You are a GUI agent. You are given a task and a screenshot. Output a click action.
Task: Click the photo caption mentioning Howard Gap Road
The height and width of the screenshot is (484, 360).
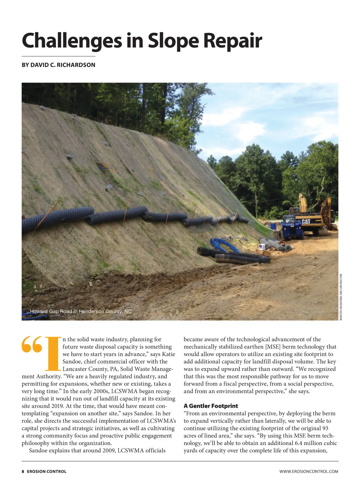coord(81,311)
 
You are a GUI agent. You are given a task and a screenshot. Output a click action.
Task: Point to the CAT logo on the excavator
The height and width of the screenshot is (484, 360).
coord(306,222)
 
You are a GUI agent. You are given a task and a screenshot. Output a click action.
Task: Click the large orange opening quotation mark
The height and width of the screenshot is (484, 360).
coord(32,344)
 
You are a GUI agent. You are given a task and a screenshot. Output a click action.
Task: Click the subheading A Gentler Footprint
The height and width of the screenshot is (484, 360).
coord(211,406)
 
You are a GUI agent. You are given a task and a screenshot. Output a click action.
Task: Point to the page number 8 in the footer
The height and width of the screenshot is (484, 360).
coord(23,471)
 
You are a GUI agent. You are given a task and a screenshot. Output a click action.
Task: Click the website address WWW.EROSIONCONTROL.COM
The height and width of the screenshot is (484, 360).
coord(309,471)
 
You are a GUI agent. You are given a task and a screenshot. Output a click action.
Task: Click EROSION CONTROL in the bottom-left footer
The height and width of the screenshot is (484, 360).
coord(46,471)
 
